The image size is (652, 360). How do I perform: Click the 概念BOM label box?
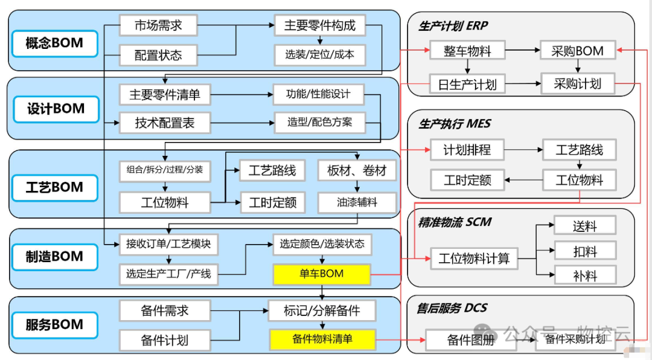54,43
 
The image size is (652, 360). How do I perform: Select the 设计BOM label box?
55,109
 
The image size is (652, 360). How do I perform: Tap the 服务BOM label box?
54,325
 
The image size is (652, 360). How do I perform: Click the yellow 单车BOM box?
321,274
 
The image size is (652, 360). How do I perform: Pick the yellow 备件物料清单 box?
322,339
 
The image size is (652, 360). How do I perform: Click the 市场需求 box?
158,25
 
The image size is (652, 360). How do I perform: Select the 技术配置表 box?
164,123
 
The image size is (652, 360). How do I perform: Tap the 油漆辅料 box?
356,202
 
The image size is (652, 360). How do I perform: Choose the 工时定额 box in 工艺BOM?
272,202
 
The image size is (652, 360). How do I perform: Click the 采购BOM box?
577,51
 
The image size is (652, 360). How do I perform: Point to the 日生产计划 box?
467,84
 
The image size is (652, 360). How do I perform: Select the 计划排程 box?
467,149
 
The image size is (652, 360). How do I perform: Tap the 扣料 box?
584,250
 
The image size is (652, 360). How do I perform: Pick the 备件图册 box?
470,339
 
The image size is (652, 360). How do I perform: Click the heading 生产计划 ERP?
453,26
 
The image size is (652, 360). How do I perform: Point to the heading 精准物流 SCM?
455,222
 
